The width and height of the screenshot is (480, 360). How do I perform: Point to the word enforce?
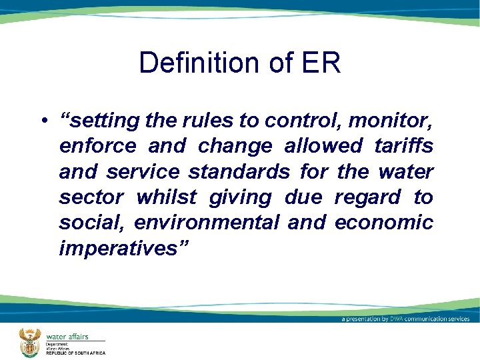[x=97, y=147]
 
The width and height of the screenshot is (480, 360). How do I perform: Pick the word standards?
[x=239, y=172]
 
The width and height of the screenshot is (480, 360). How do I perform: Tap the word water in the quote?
[x=405, y=172]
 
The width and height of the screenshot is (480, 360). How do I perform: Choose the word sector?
[x=91, y=197]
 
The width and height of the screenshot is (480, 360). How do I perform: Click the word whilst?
[x=167, y=197]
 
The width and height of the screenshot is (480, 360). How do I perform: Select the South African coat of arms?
[x=29, y=341]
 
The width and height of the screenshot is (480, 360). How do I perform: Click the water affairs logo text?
[x=67, y=336]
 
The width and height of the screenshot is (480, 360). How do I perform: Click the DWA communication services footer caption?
[x=405, y=319]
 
